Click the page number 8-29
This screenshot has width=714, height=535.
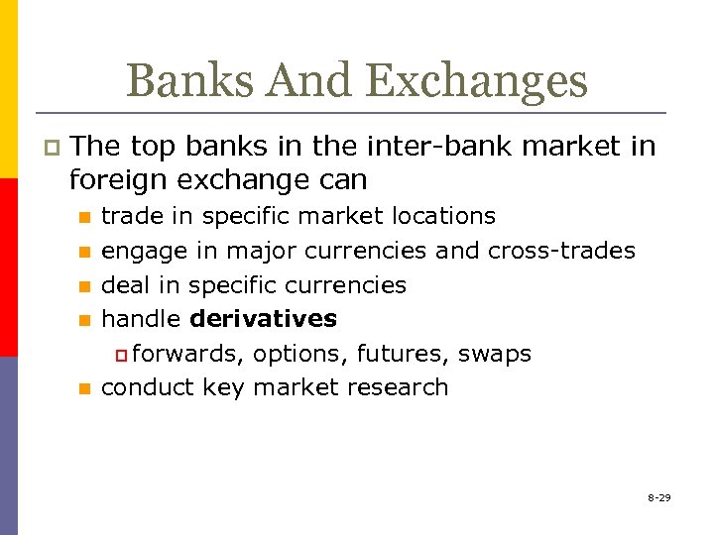658,497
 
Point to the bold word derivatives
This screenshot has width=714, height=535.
263,319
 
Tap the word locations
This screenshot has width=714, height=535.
446,216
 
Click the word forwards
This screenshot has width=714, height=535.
188,354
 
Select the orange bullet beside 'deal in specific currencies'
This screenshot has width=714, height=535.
85,286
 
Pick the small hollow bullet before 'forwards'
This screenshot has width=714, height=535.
121,355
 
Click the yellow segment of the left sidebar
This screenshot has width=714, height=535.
8,89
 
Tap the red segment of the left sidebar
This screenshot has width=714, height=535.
8,267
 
